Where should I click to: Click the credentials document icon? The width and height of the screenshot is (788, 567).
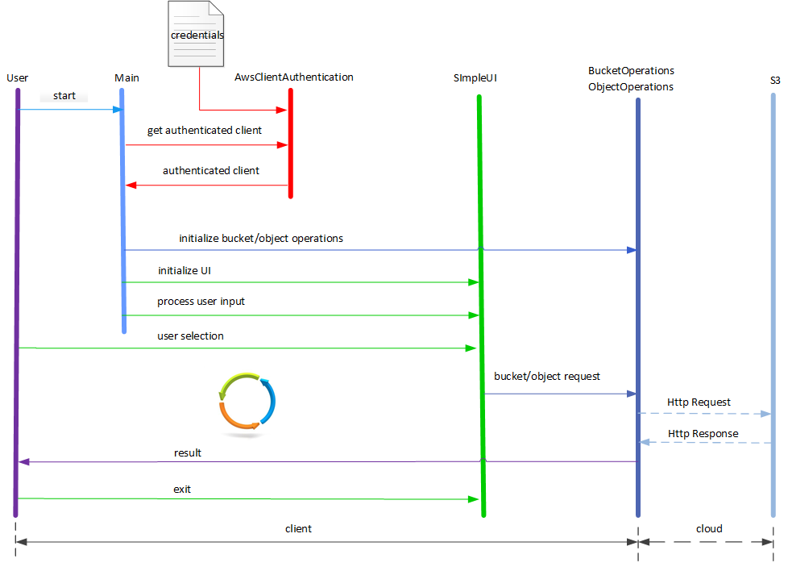point(196,34)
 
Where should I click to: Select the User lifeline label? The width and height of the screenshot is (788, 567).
point(17,77)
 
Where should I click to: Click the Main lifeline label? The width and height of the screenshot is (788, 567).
point(126,77)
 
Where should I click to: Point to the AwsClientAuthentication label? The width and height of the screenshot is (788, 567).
point(293,77)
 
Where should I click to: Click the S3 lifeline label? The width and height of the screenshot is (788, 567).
point(775,80)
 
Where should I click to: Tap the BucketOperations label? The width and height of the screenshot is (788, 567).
point(631,71)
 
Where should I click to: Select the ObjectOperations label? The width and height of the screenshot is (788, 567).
point(631,86)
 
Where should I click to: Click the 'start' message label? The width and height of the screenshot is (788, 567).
point(64,96)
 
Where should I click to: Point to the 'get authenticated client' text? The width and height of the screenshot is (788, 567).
point(204,130)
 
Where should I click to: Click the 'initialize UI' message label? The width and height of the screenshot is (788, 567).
point(185,270)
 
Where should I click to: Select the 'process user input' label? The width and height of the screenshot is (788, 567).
point(201,301)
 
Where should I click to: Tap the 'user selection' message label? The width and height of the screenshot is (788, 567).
point(190,336)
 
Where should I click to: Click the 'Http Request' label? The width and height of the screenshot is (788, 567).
point(699,402)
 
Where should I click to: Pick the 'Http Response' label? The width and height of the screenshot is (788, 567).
point(703,433)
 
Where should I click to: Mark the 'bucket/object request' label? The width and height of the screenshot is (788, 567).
point(546,376)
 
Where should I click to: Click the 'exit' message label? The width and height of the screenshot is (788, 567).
point(182,489)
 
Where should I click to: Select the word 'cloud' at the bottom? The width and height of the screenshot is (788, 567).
point(709,528)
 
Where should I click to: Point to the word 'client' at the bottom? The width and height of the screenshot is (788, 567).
point(298,528)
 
